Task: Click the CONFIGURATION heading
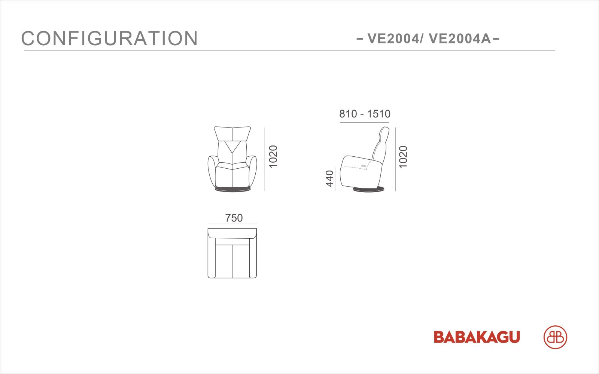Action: tap(109, 38)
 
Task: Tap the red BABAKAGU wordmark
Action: tap(477, 337)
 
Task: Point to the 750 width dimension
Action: tap(234, 218)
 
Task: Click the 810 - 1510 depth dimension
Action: tap(365, 114)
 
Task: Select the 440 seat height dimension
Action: tap(330, 178)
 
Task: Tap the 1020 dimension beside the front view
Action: tap(273, 157)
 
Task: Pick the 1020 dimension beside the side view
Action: tap(403, 157)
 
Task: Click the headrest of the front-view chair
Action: tap(232, 134)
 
